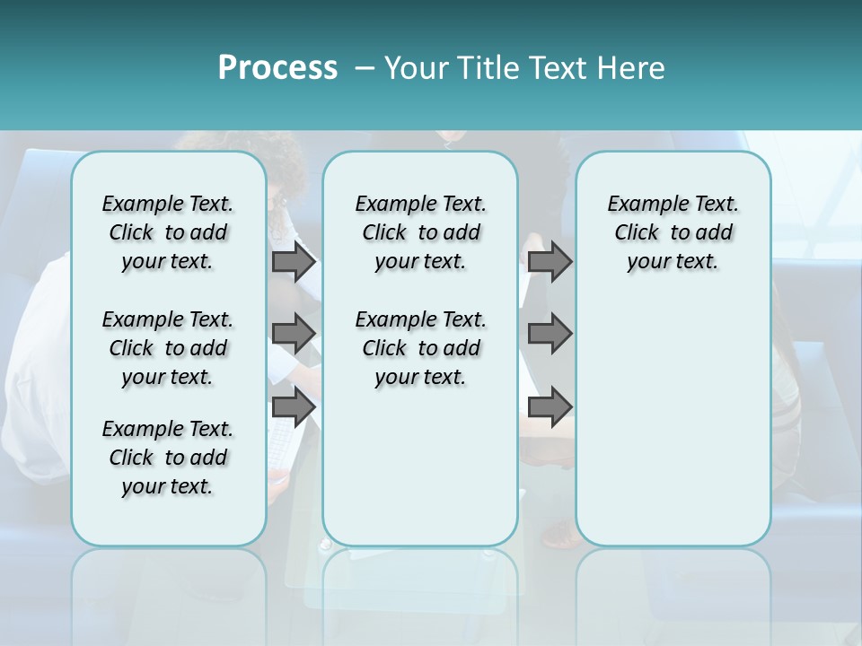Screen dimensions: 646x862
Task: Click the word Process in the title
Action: coord(277,68)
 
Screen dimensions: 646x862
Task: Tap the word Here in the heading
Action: coord(629,68)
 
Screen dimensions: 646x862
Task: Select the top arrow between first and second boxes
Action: coord(294,261)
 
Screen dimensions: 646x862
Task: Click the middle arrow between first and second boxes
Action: coord(294,334)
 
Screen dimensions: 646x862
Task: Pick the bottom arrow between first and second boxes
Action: coord(294,407)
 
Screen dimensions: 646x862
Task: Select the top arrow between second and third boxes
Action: coord(550,261)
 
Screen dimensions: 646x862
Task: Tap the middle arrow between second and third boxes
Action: coord(550,334)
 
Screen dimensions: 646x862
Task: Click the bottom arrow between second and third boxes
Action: coord(550,407)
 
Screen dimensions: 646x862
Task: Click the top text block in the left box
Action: coord(168,232)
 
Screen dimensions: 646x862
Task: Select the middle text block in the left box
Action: coord(168,348)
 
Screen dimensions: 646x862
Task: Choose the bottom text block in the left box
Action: coord(168,458)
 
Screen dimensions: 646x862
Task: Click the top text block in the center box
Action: coord(420,232)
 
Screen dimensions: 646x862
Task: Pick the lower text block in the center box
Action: coord(420,348)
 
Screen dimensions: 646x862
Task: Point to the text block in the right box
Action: coord(673,232)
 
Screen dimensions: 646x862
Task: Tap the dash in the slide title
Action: coord(365,68)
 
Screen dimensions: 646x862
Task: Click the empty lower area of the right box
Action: coord(673,422)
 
